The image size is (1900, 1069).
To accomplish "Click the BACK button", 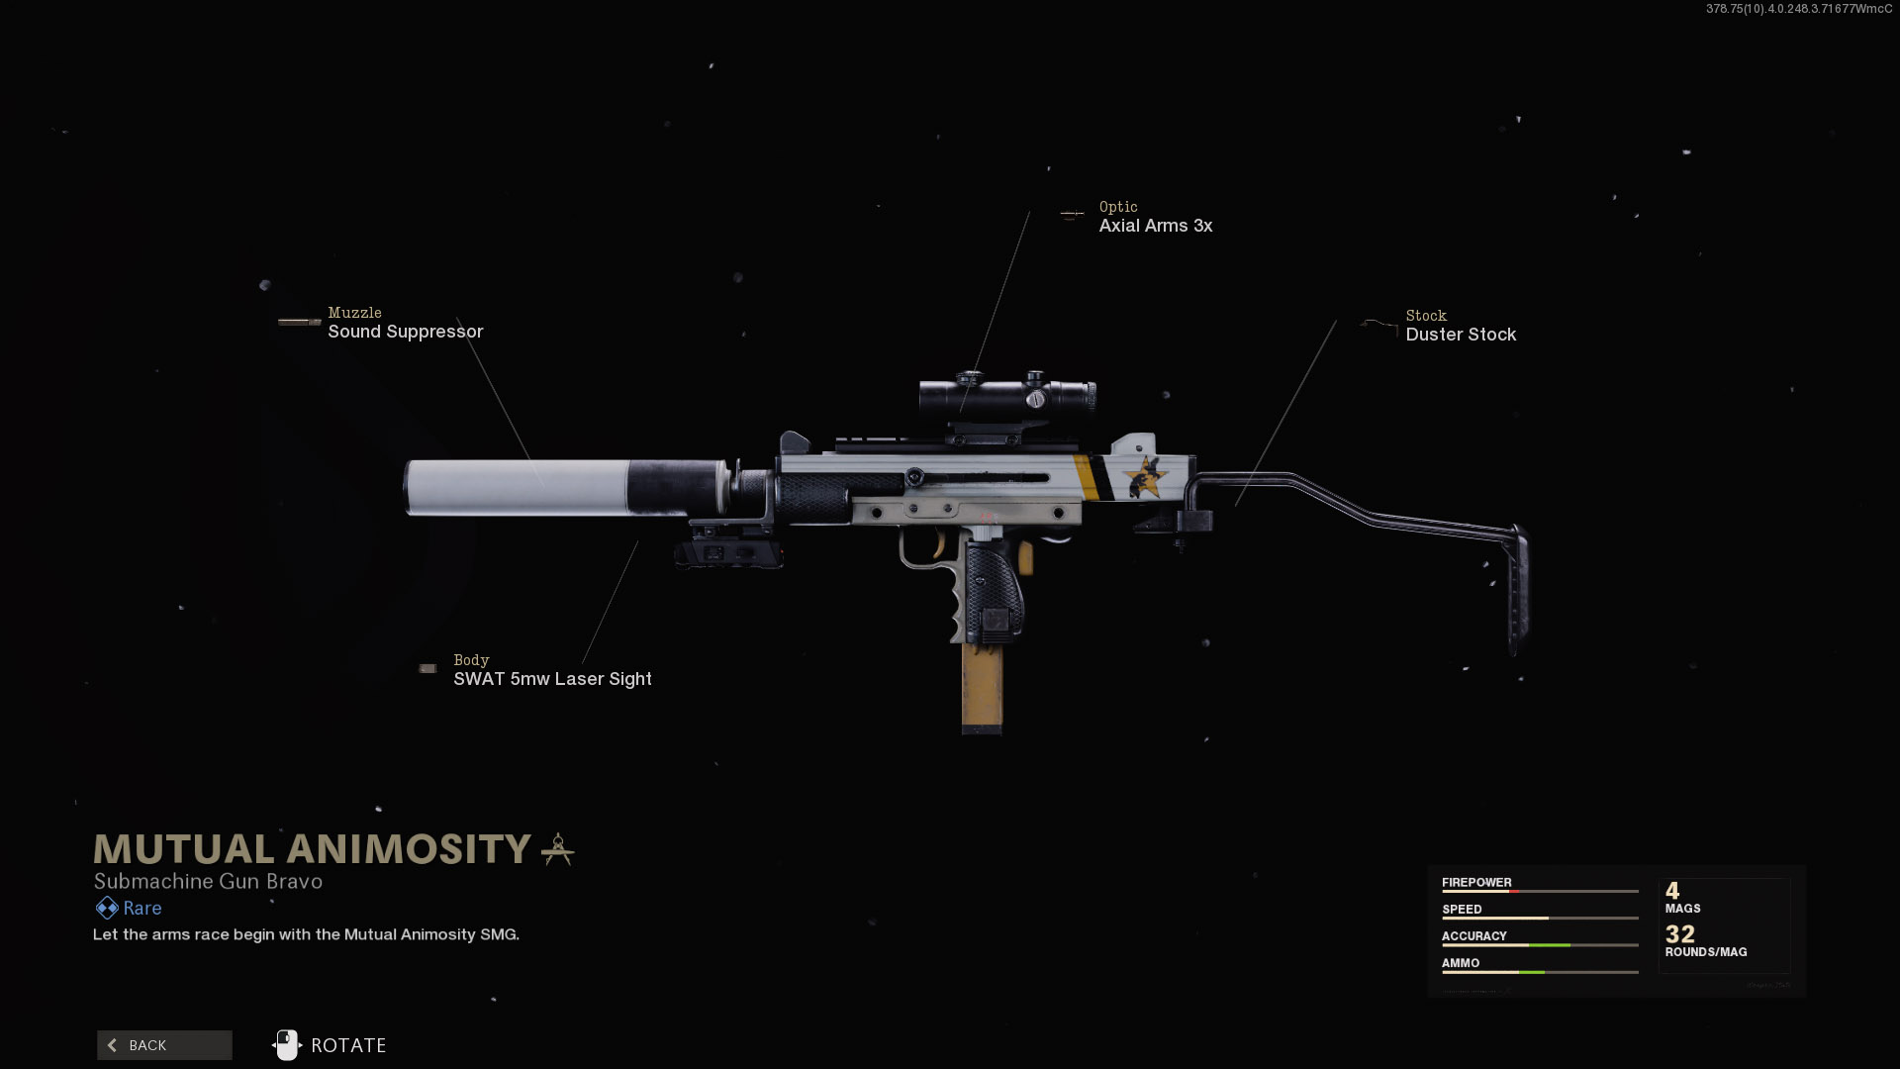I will point(164,1045).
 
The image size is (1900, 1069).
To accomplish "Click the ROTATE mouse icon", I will point(286,1045).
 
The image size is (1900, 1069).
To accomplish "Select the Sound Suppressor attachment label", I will point(405,332).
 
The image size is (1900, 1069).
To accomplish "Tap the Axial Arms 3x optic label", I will point(1155,226).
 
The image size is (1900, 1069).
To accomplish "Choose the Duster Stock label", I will point(1461,335).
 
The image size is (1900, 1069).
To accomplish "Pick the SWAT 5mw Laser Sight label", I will point(552,679).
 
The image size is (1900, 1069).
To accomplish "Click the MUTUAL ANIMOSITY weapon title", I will point(313,849).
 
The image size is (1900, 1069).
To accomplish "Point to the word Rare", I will point(142,908).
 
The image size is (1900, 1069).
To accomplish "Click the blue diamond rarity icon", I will point(107,908).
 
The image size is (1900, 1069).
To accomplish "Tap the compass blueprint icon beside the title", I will point(558,849).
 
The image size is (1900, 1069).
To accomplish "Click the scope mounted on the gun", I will point(1006,396).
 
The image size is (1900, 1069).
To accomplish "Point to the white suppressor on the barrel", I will point(524,487).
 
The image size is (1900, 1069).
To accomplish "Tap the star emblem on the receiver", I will point(1146,477).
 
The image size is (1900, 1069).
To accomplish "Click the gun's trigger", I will point(938,545).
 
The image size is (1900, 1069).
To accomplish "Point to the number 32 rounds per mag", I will point(1680,934).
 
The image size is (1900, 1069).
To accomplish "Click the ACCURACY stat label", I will point(1473,936).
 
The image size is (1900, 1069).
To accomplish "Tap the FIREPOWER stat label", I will point(1476,883).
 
